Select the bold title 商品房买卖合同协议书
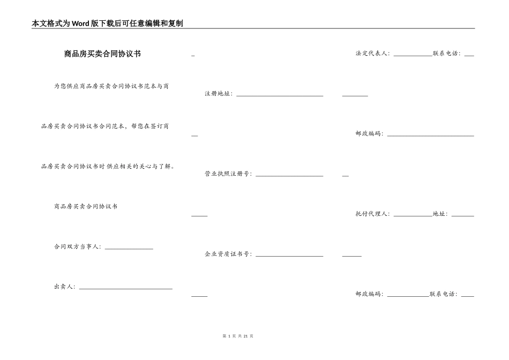pyautogui.click(x=102, y=54)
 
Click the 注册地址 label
pyautogui.click(x=218, y=94)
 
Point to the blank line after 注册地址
pyautogui.click(x=280, y=95)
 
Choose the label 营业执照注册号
pyautogui.click(x=228, y=174)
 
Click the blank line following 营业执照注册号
pyautogui.click(x=289, y=175)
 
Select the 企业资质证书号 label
pyautogui.click(x=228, y=254)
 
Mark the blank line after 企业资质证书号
pyautogui.click(x=289, y=256)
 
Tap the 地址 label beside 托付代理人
pyautogui.click(x=440, y=214)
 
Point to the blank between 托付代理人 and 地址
pyautogui.click(x=413, y=215)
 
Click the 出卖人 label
pyautogui.click(x=64, y=287)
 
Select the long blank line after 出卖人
pyautogui.click(x=126, y=288)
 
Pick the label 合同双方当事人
pyautogui.click(x=77, y=246)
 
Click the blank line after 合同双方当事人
pyautogui.click(x=129, y=248)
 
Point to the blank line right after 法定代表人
pyautogui.click(x=413, y=55)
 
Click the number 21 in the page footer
pyautogui.click(x=245, y=336)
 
